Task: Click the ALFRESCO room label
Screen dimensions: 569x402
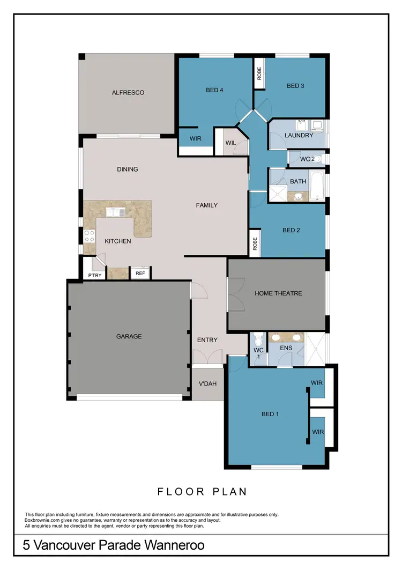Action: pos(128,93)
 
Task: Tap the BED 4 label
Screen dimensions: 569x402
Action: pos(214,90)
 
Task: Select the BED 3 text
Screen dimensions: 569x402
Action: pos(295,86)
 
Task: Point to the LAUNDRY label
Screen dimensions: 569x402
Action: pos(299,136)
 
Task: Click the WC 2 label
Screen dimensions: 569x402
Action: pos(307,159)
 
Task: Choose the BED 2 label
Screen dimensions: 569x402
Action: pos(291,231)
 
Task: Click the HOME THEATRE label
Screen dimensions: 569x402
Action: pos(278,293)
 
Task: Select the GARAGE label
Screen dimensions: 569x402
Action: pos(129,337)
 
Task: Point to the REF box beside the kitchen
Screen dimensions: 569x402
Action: pos(140,274)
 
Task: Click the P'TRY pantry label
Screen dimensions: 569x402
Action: pos(94,276)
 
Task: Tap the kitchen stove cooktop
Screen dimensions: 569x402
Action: pos(90,236)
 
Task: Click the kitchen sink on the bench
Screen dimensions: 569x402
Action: pos(116,212)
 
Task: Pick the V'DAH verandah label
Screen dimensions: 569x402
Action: pos(207,383)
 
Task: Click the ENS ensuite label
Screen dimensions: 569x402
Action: pos(286,349)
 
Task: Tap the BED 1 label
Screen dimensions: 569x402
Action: pos(270,414)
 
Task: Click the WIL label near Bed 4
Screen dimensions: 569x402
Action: pos(230,143)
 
